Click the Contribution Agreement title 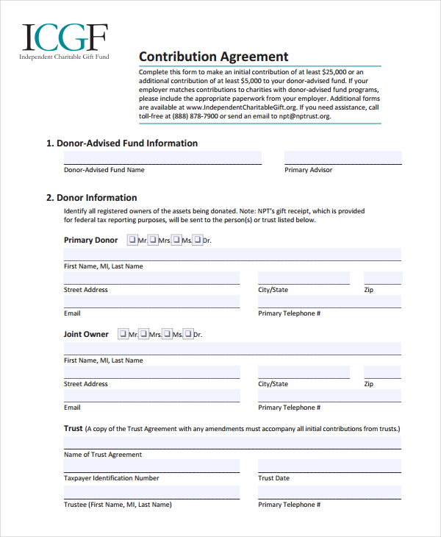[214, 57]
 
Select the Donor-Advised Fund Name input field [162, 157]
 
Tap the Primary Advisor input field [343, 157]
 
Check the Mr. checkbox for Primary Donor [132, 240]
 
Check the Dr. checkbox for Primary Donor [197, 240]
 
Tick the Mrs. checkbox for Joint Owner [144, 334]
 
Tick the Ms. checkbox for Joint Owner [167, 334]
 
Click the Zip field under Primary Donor [383, 278]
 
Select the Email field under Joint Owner [151, 396]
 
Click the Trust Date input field [329, 466]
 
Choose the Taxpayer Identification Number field [151, 466]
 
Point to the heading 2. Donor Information [91, 198]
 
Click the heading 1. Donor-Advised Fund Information [122, 143]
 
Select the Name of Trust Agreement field [232, 443]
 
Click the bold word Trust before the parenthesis [73, 428]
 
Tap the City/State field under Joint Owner [304, 372]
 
